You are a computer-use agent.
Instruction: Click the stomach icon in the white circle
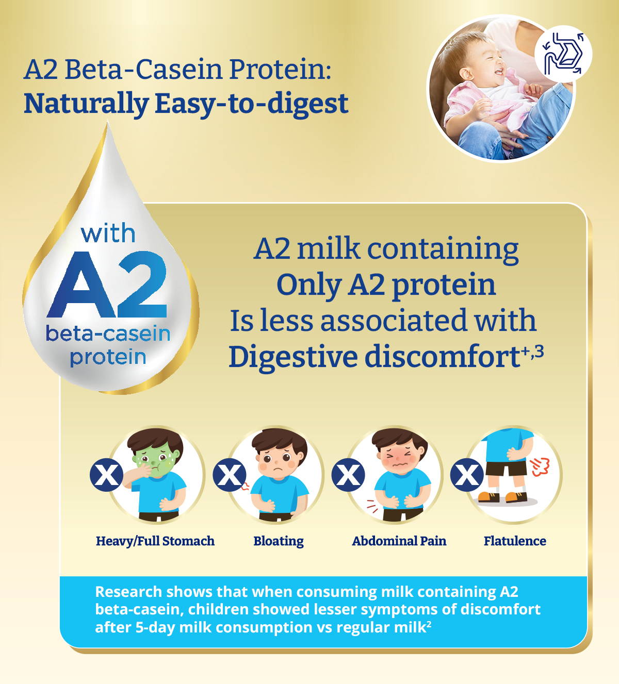click(x=563, y=54)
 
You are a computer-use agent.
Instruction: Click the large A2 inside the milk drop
click(x=107, y=285)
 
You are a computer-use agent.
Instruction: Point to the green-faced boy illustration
click(x=156, y=474)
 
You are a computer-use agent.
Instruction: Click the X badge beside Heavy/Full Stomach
click(x=106, y=475)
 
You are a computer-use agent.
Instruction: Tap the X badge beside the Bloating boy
click(x=230, y=475)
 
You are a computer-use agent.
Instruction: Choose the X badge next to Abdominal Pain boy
click(x=348, y=475)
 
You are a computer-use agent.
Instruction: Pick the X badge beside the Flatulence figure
click(x=467, y=475)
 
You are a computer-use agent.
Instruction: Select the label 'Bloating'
click(x=279, y=541)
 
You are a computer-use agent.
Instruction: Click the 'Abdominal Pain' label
click(x=399, y=541)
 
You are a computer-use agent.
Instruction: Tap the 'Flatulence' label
click(x=515, y=541)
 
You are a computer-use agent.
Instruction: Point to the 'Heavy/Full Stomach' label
click(x=155, y=541)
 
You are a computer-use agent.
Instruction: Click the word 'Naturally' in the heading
click(x=87, y=104)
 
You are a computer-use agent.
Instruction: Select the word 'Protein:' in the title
click(x=280, y=70)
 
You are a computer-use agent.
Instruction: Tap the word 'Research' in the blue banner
click(x=128, y=592)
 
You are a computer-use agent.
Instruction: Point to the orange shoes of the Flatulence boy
click(x=502, y=496)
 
